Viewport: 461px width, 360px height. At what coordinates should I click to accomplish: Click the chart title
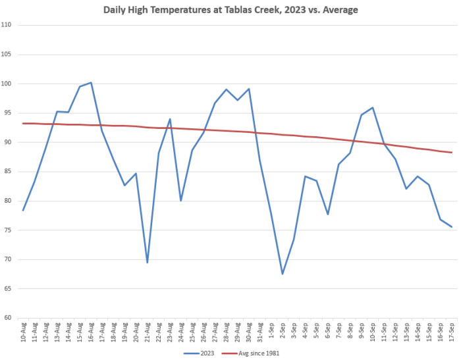[230, 11]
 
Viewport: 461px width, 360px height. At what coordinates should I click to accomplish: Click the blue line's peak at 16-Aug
[91, 83]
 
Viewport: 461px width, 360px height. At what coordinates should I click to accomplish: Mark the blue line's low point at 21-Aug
[147, 263]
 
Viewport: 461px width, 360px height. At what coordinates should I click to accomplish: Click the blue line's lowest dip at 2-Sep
[283, 274]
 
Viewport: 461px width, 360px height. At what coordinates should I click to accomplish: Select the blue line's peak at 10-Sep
[373, 108]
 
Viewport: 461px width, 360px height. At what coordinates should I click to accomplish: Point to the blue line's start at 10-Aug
[23, 210]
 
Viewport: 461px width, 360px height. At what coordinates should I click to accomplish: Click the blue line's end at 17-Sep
[452, 227]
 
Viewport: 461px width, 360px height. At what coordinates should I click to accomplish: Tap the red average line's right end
[452, 153]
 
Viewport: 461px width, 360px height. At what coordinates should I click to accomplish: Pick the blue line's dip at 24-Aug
[181, 200]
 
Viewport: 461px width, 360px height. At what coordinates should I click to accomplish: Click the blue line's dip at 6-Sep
[327, 214]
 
